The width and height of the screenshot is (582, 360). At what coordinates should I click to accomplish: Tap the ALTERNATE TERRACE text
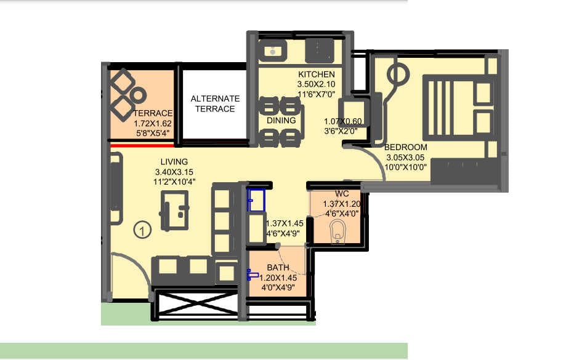click(x=215, y=103)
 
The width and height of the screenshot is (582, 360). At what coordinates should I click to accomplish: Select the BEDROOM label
click(x=405, y=148)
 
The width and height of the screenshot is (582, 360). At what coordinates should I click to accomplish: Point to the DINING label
click(x=281, y=121)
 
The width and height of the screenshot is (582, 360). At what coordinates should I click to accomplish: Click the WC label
click(x=342, y=194)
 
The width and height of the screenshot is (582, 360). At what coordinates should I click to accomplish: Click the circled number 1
click(x=142, y=231)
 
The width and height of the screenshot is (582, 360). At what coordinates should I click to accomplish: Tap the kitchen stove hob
click(x=319, y=49)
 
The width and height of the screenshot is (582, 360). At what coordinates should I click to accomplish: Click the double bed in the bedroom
click(x=458, y=108)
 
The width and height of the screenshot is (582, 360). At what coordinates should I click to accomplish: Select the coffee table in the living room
click(x=174, y=210)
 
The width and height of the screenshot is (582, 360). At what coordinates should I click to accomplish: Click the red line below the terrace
click(x=142, y=146)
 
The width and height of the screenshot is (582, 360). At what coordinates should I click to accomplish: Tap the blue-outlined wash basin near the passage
click(x=256, y=200)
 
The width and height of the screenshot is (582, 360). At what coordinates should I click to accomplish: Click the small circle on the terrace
click(x=139, y=95)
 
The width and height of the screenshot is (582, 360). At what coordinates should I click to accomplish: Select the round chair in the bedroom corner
click(x=398, y=75)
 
